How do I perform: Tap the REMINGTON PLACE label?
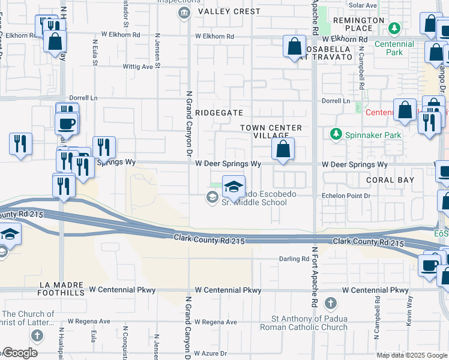coord(358,24)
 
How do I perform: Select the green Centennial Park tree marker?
coord(394,28)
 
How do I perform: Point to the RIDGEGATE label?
coord(219,112)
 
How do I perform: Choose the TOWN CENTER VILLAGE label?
coord(271,132)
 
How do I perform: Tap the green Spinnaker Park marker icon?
coord(336,134)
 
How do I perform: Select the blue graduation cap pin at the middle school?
coord(234,187)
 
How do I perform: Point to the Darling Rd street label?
coord(293,259)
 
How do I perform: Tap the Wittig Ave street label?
coord(138,67)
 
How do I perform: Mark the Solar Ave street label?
coord(363,5)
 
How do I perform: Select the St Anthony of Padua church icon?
coord(330,302)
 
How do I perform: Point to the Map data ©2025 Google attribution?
coord(412,355)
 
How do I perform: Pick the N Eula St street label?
coord(95,52)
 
